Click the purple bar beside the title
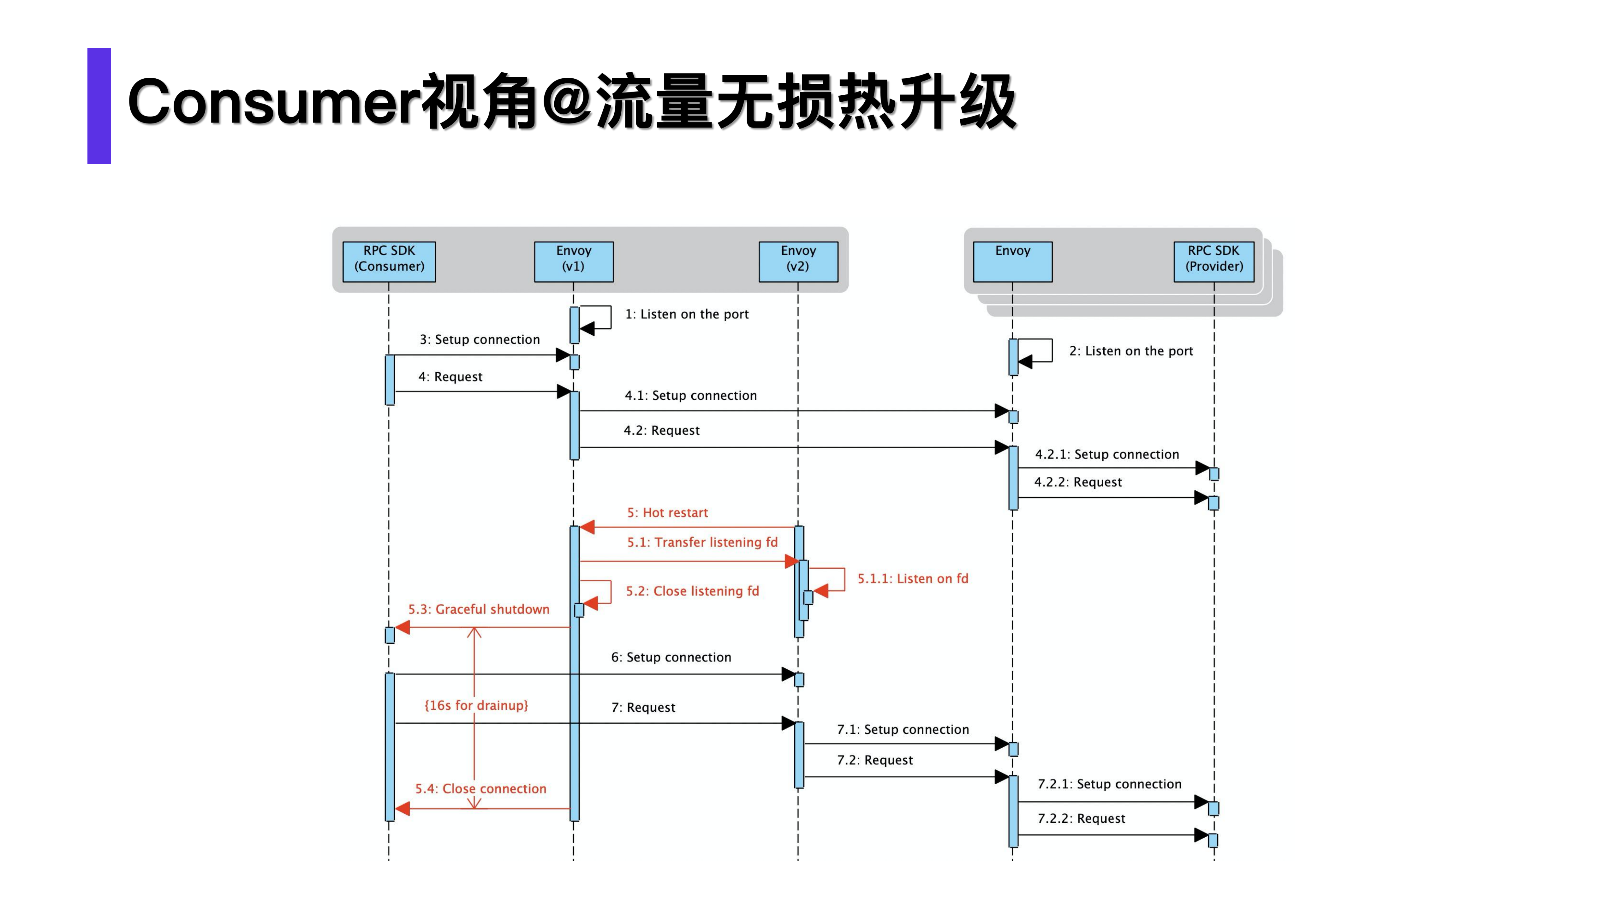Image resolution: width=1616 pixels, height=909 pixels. coord(99,106)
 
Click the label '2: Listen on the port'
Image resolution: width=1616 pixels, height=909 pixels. coord(1131,351)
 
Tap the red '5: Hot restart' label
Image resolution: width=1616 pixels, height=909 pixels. coord(667,512)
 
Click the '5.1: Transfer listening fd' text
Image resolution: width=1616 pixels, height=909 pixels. coord(702,542)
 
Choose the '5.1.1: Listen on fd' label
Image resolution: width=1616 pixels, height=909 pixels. coord(913,578)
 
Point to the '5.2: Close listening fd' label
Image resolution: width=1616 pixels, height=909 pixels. coord(692,591)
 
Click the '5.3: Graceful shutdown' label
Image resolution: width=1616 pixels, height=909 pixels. coord(479,609)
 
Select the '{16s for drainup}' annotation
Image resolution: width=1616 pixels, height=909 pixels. coord(476,705)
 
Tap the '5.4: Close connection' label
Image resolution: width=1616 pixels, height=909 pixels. coord(480,789)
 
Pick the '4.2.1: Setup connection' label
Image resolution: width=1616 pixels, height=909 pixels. coord(1106,454)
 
